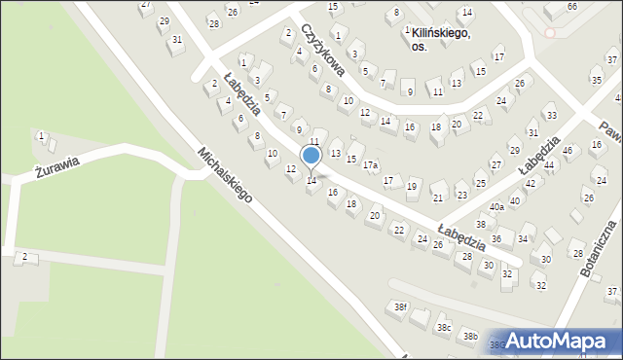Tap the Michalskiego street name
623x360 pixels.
coord(225,176)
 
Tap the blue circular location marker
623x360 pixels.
coord(311,156)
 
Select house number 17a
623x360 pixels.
coord(371,165)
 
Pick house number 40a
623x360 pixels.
coord(496,206)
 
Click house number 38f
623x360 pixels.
coord(400,307)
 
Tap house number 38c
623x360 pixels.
coord(444,327)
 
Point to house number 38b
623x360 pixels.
coord(470,336)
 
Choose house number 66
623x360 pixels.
coord(572,6)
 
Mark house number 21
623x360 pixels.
coord(438,198)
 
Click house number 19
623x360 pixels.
coord(412,186)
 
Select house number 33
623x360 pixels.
coord(551,116)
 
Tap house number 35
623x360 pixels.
coord(597,80)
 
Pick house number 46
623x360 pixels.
coord(567,151)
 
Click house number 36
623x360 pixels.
coord(496,238)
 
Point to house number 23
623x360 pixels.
coord(461,195)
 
